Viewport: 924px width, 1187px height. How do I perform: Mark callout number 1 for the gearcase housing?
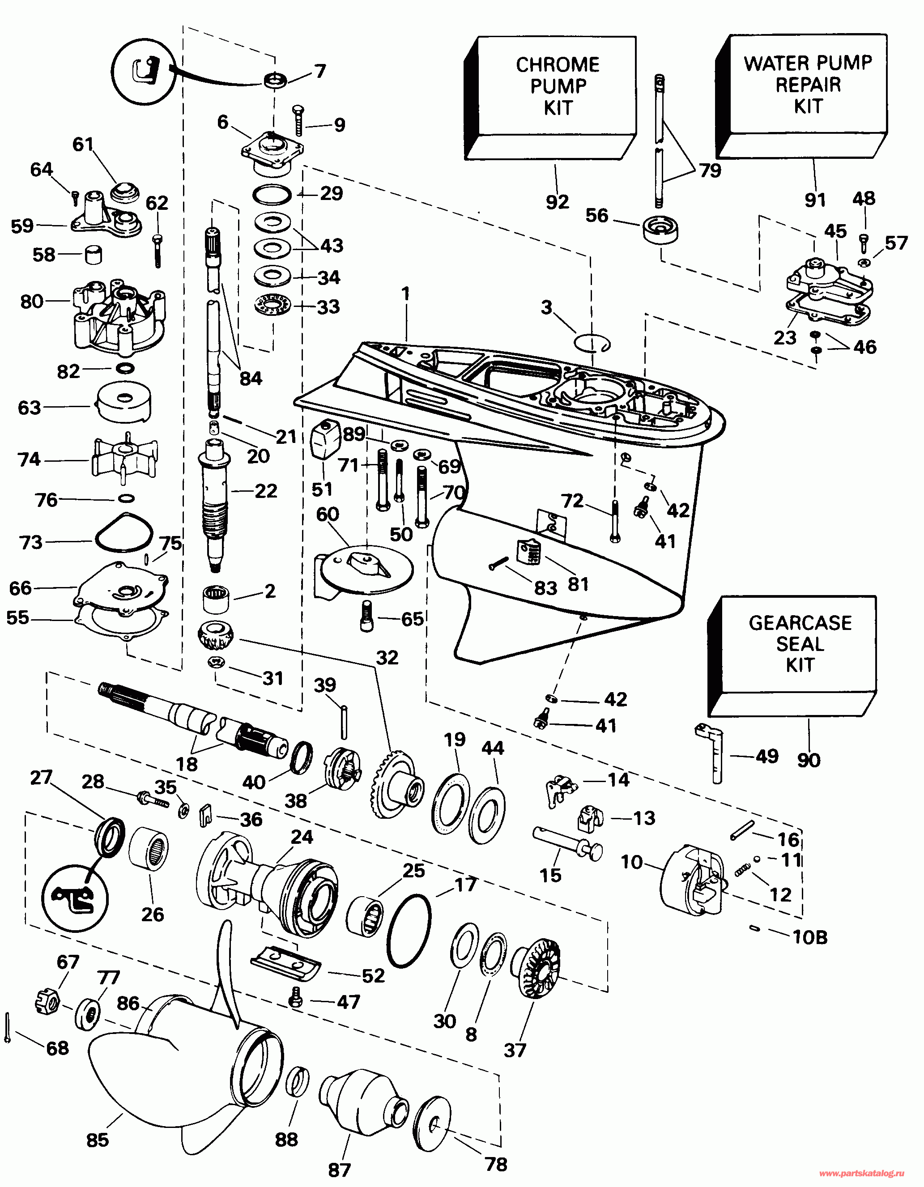405,294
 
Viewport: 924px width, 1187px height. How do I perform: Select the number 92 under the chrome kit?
557,202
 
